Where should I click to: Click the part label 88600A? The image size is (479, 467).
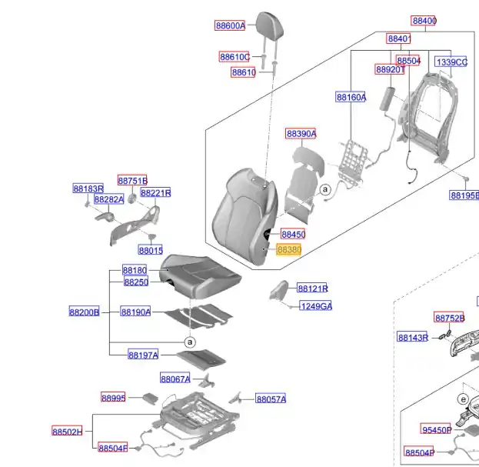[230, 25]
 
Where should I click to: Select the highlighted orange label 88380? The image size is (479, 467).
[289, 250]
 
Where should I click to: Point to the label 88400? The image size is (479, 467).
[424, 21]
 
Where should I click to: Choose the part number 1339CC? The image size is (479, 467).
[451, 62]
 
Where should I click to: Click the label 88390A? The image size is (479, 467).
[301, 134]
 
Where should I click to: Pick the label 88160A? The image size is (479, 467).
[351, 97]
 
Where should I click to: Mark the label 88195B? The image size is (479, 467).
[464, 195]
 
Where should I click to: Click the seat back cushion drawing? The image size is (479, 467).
[244, 216]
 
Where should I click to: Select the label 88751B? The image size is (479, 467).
[132, 180]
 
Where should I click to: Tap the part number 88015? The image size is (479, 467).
[151, 250]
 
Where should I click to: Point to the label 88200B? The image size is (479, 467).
[85, 312]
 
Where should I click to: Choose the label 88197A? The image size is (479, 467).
[143, 355]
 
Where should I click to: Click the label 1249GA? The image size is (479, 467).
[316, 306]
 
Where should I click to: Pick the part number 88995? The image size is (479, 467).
[113, 398]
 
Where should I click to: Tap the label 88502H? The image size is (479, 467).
[67, 432]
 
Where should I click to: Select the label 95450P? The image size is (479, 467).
[436, 429]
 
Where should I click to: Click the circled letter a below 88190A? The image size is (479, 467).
[189, 342]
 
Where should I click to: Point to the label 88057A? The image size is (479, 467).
[271, 399]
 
